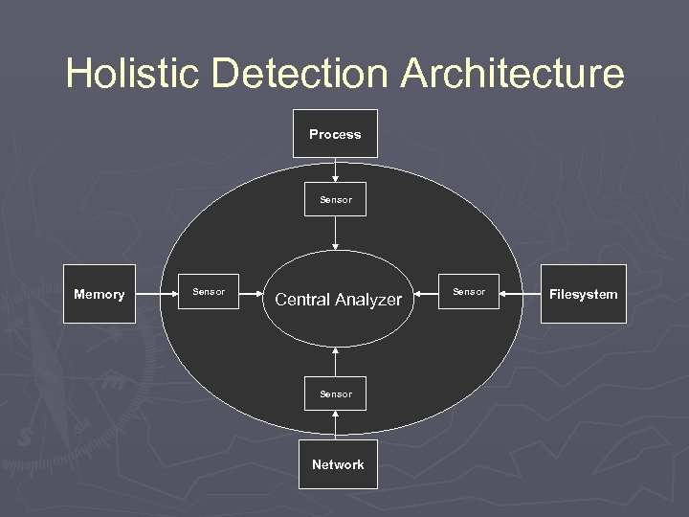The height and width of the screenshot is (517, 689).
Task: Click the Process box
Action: tap(335, 134)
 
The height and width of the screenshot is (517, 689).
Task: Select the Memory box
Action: tap(99, 294)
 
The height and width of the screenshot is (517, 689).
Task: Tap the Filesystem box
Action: tap(583, 294)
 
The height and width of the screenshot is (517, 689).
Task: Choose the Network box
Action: tap(337, 464)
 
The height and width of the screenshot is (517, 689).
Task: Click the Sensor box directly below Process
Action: tap(335, 200)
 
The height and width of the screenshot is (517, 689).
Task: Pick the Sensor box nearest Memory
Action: tap(209, 292)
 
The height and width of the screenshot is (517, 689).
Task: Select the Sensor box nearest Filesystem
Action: tap(468, 292)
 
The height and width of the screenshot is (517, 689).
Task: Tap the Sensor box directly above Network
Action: tap(335, 393)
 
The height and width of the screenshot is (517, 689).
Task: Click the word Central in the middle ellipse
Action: tap(303, 300)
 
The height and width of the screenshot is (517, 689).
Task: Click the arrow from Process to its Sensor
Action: tap(335, 169)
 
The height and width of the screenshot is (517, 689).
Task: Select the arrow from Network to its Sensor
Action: tap(335, 425)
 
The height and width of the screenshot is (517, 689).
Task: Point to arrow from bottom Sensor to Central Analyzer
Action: tap(335, 362)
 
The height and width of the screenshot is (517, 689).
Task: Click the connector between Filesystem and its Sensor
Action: tap(520, 292)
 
